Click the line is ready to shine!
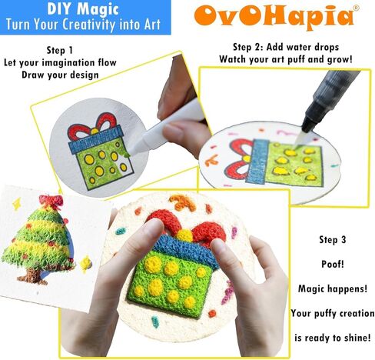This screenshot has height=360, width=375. [x=331, y=336]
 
